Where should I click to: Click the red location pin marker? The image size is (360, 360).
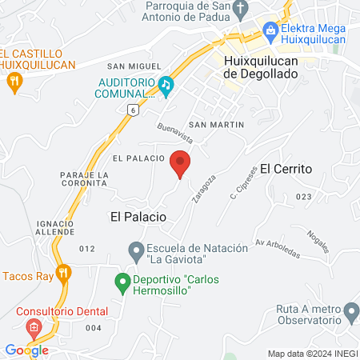coord(181,164)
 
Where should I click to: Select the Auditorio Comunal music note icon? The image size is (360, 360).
coord(166,84)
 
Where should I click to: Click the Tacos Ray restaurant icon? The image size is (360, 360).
coord(64,273)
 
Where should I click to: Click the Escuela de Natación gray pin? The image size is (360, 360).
coord(137,251)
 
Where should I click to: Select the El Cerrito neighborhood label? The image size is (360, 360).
coord(286,169)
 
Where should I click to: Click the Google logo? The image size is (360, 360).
coord(26,350)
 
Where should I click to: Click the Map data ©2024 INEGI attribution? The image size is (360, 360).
coord(312,354)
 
